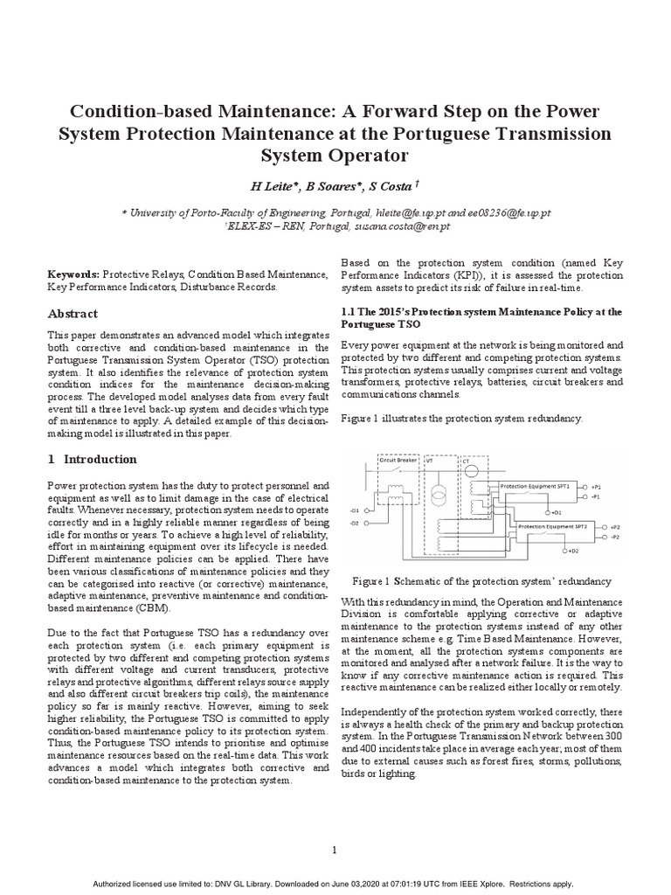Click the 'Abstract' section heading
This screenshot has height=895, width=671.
click(x=73, y=314)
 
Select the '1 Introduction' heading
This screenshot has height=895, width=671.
click(x=92, y=459)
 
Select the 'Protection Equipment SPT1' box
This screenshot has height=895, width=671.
click(x=536, y=484)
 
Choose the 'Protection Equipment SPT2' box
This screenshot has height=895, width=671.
click(x=550, y=528)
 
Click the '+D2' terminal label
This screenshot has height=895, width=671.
click(x=573, y=551)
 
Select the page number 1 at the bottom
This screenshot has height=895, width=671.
click(x=335, y=825)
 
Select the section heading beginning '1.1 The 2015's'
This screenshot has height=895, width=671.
click(x=481, y=317)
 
